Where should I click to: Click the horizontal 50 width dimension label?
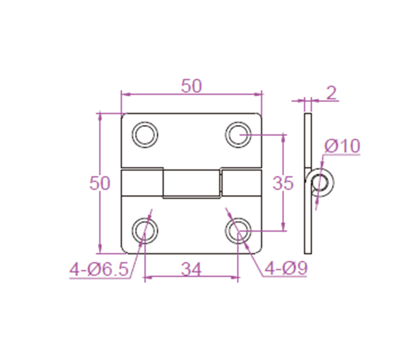tap(192, 86)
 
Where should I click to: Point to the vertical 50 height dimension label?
tap(100, 183)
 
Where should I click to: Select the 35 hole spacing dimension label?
tap(283, 183)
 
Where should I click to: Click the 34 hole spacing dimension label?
tap(191, 269)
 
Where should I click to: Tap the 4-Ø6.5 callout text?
tap(99, 269)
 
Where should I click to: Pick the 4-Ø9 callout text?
tap(286, 268)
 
